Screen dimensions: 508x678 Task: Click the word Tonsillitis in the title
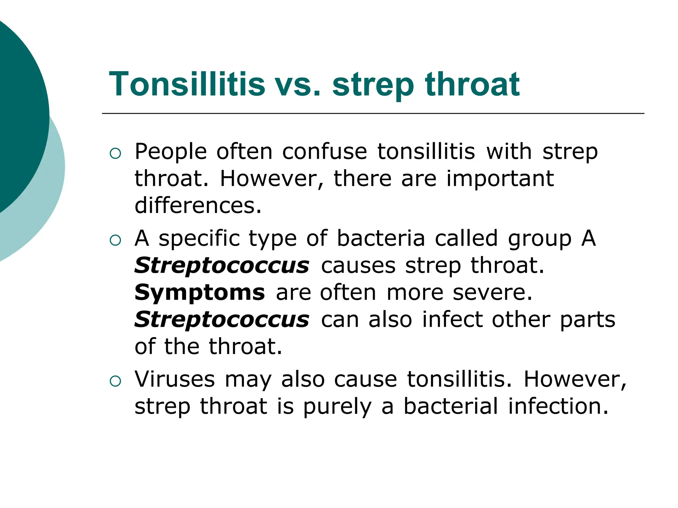[187, 84]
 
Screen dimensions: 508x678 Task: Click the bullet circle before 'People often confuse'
[115, 153]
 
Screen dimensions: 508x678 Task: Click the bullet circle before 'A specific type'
[115, 240]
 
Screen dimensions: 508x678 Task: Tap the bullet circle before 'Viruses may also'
[115, 381]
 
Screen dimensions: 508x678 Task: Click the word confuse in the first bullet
[324, 152]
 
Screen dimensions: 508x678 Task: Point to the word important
[500, 179]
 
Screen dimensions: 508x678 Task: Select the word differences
[198, 206]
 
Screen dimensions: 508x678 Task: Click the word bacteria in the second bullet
[381, 238]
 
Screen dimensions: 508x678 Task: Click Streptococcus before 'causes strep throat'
[222, 266]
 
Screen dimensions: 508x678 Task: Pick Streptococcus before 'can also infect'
[222, 320]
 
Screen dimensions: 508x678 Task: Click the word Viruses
[174, 379]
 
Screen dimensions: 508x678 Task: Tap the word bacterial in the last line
[451, 406]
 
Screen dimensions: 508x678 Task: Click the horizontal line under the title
[373, 113]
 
